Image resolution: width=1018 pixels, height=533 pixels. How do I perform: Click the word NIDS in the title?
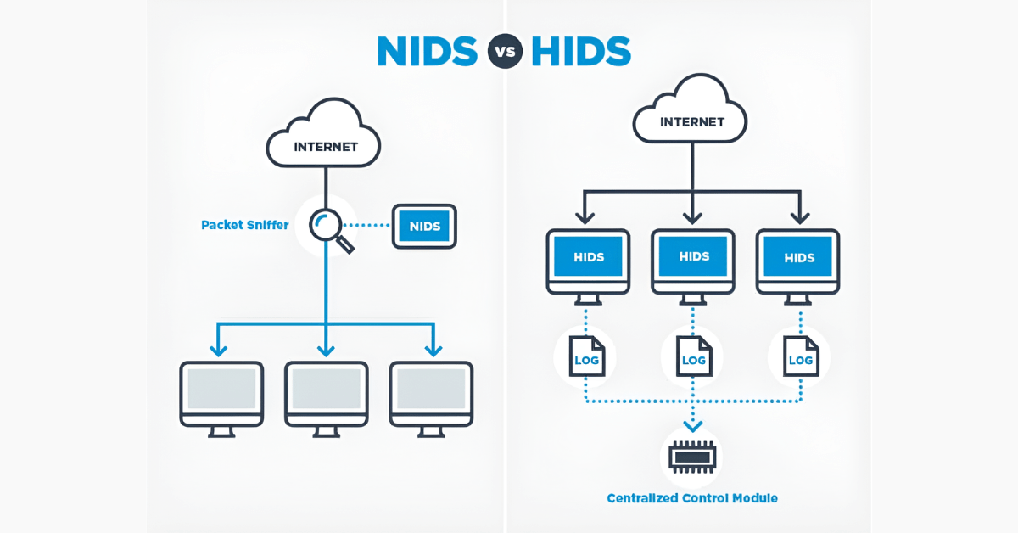tap(428, 51)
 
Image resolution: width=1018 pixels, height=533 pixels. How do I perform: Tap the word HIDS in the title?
tap(581, 51)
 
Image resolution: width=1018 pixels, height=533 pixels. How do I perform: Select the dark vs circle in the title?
tap(505, 52)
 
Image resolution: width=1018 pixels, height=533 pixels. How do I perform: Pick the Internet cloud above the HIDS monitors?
tap(691, 114)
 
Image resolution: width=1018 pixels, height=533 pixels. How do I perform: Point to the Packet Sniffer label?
tap(244, 225)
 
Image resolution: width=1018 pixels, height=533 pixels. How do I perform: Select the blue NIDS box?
tap(424, 226)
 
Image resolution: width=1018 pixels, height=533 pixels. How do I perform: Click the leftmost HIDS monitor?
tap(588, 258)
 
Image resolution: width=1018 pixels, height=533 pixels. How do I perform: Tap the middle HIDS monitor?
tap(693, 257)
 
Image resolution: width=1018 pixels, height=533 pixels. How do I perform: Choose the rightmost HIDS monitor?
tap(798, 258)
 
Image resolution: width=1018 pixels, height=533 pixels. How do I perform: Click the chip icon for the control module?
tap(692, 457)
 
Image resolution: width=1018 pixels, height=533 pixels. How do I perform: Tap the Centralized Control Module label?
tap(692, 498)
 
